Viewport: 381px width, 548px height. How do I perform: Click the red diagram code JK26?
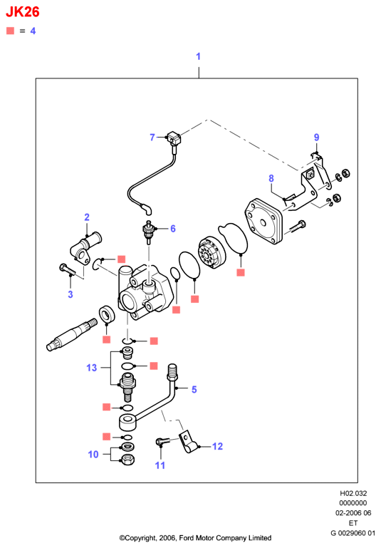click(23, 12)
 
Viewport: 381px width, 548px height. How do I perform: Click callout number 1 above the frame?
click(199, 56)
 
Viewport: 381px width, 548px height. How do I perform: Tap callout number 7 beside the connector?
click(152, 138)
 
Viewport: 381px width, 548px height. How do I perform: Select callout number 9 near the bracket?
click(316, 137)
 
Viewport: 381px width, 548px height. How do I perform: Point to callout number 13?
click(91, 368)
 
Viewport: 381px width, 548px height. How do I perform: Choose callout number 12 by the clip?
click(217, 446)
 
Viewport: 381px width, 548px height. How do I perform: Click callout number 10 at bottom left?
click(93, 455)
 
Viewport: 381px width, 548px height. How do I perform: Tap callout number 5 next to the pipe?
click(194, 389)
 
